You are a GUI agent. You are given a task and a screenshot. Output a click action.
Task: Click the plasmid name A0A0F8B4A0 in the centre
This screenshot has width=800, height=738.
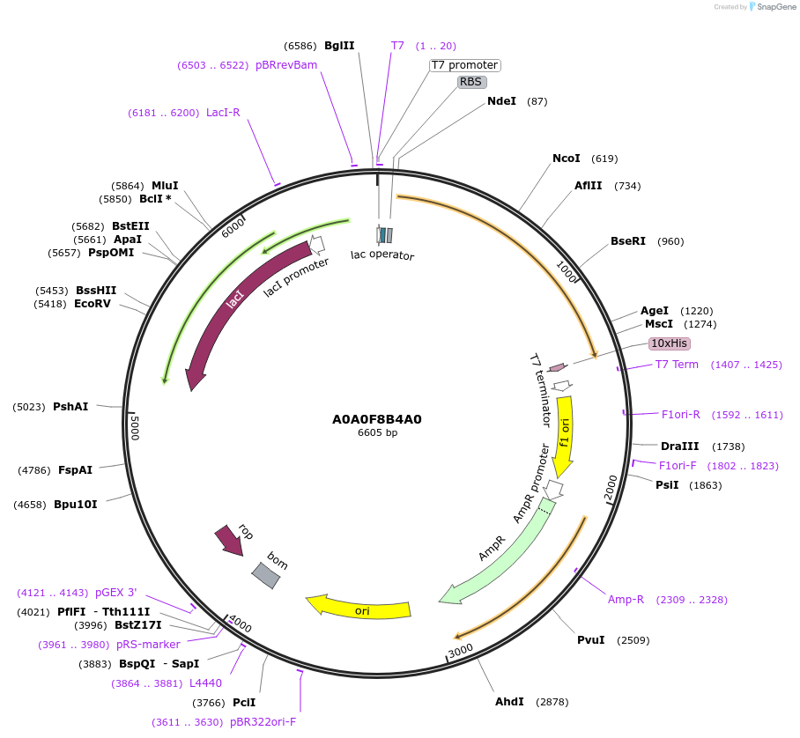coord(376,419)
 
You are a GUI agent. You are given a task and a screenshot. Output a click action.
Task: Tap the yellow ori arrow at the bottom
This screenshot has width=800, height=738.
coord(361,608)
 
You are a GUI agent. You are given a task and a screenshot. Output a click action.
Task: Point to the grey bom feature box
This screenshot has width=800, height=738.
coord(265,575)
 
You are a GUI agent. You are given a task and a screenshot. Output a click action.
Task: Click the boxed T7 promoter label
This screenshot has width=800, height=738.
coord(464,65)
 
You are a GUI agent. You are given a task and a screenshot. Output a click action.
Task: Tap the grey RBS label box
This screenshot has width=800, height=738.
coord(471,82)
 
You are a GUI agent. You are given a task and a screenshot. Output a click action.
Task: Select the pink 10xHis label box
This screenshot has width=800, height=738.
coord(669,343)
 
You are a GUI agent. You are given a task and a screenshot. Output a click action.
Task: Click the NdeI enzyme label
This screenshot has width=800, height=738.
coord(501,101)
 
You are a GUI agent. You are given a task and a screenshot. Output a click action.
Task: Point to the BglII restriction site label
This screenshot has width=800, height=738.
coord(339,46)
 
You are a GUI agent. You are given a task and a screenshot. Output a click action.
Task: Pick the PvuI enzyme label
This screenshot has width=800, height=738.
coord(590,639)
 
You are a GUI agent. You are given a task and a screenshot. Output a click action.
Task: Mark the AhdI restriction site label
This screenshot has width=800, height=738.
coord(509,702)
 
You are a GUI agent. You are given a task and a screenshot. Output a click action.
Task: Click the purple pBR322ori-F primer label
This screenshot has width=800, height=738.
coord(263,722)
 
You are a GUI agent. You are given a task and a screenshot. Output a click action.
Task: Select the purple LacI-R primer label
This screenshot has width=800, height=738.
coord(223,113)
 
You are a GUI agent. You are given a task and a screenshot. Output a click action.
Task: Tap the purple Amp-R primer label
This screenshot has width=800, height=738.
coord(626,600)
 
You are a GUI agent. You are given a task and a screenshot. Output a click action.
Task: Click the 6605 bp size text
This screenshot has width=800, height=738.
coord(376,433)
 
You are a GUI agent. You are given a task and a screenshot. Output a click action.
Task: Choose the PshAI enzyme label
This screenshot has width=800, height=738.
coord(70,407)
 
